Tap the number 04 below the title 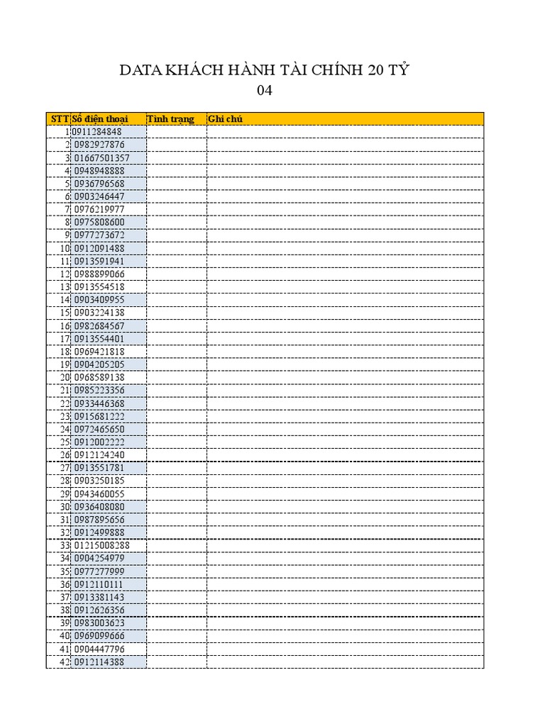(x=264, y=91)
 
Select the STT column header (x=59, y=118)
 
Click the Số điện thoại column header (x=99, y=118)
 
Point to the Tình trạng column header (x=170, y=118)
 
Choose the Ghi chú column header (x=225, y=118)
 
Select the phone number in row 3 (x=101, y=157)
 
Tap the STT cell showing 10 (x=64, y=248)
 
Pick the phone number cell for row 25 (x=99, y=442)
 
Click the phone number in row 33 (x=101, y=545)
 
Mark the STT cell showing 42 (x=64, y=661)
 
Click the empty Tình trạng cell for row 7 (x=176, y=209)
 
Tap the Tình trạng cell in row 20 (x=176, y=377)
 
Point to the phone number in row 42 (x=99, y=661)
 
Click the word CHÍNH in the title (x=336, y=70)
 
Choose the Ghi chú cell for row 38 (x=345, y=610)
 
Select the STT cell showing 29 (x=64, y=493)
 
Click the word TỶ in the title (x=400, y=70)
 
